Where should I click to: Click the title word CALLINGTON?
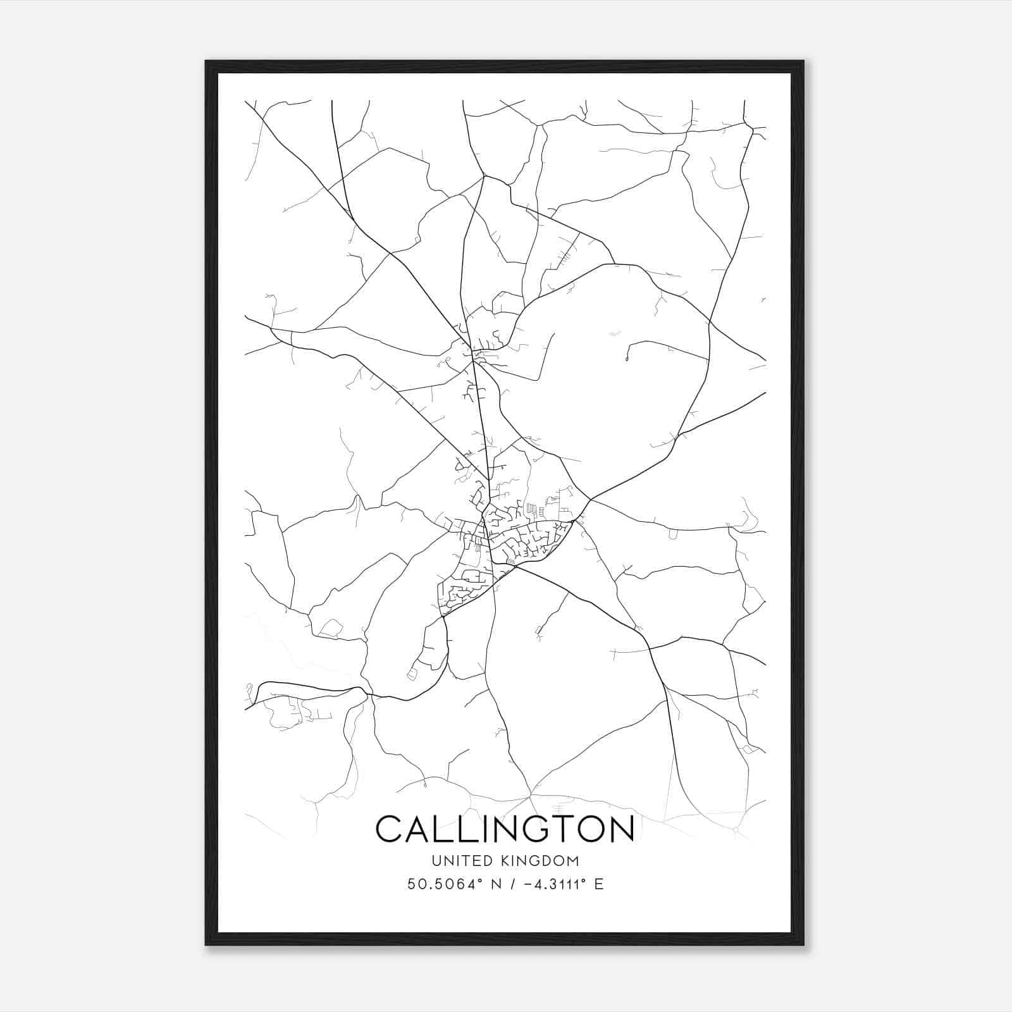pos(505,829)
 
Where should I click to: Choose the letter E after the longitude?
pos(598,884)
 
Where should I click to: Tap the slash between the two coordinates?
pos(511,884)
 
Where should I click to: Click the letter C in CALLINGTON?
pos(390,829)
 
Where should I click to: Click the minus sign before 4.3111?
pos(525,884)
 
